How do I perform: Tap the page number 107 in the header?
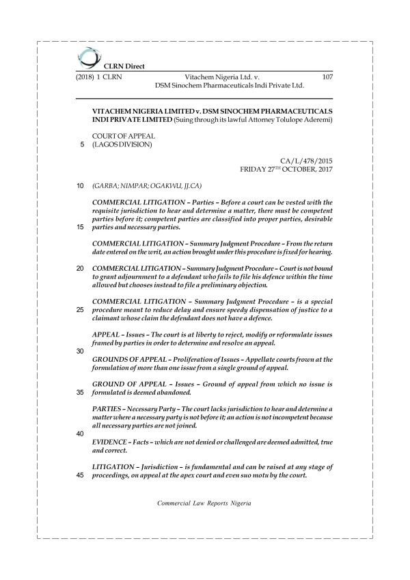click(x=327, y=78)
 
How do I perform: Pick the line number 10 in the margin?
click(x=80, y=185)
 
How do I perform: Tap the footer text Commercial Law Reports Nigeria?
click(x=204, y=502)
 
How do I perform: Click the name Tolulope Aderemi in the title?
click(x=301, y=120)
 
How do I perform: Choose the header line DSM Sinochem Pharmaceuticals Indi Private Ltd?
click(x=229, y=87)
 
